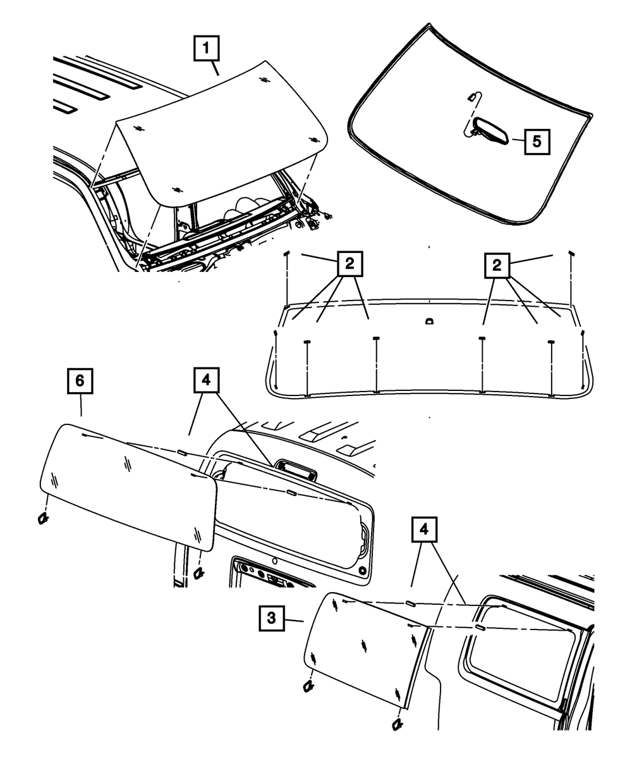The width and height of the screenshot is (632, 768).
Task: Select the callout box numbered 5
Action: click(536, 141)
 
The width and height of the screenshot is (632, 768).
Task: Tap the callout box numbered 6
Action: click(80, 381)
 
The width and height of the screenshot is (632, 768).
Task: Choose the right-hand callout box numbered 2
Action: click(497, 265)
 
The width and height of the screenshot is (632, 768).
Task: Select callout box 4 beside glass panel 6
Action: click(207, 381)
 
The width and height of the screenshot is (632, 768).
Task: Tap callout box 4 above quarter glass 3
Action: click(425, 530)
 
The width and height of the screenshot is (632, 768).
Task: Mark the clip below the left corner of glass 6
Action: click(43, 518)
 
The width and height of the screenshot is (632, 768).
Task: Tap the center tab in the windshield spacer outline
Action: click(428, 321)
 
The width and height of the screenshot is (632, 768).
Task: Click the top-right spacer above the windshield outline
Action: click(571, 253)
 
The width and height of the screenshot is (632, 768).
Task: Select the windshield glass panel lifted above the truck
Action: click(221, 133)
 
